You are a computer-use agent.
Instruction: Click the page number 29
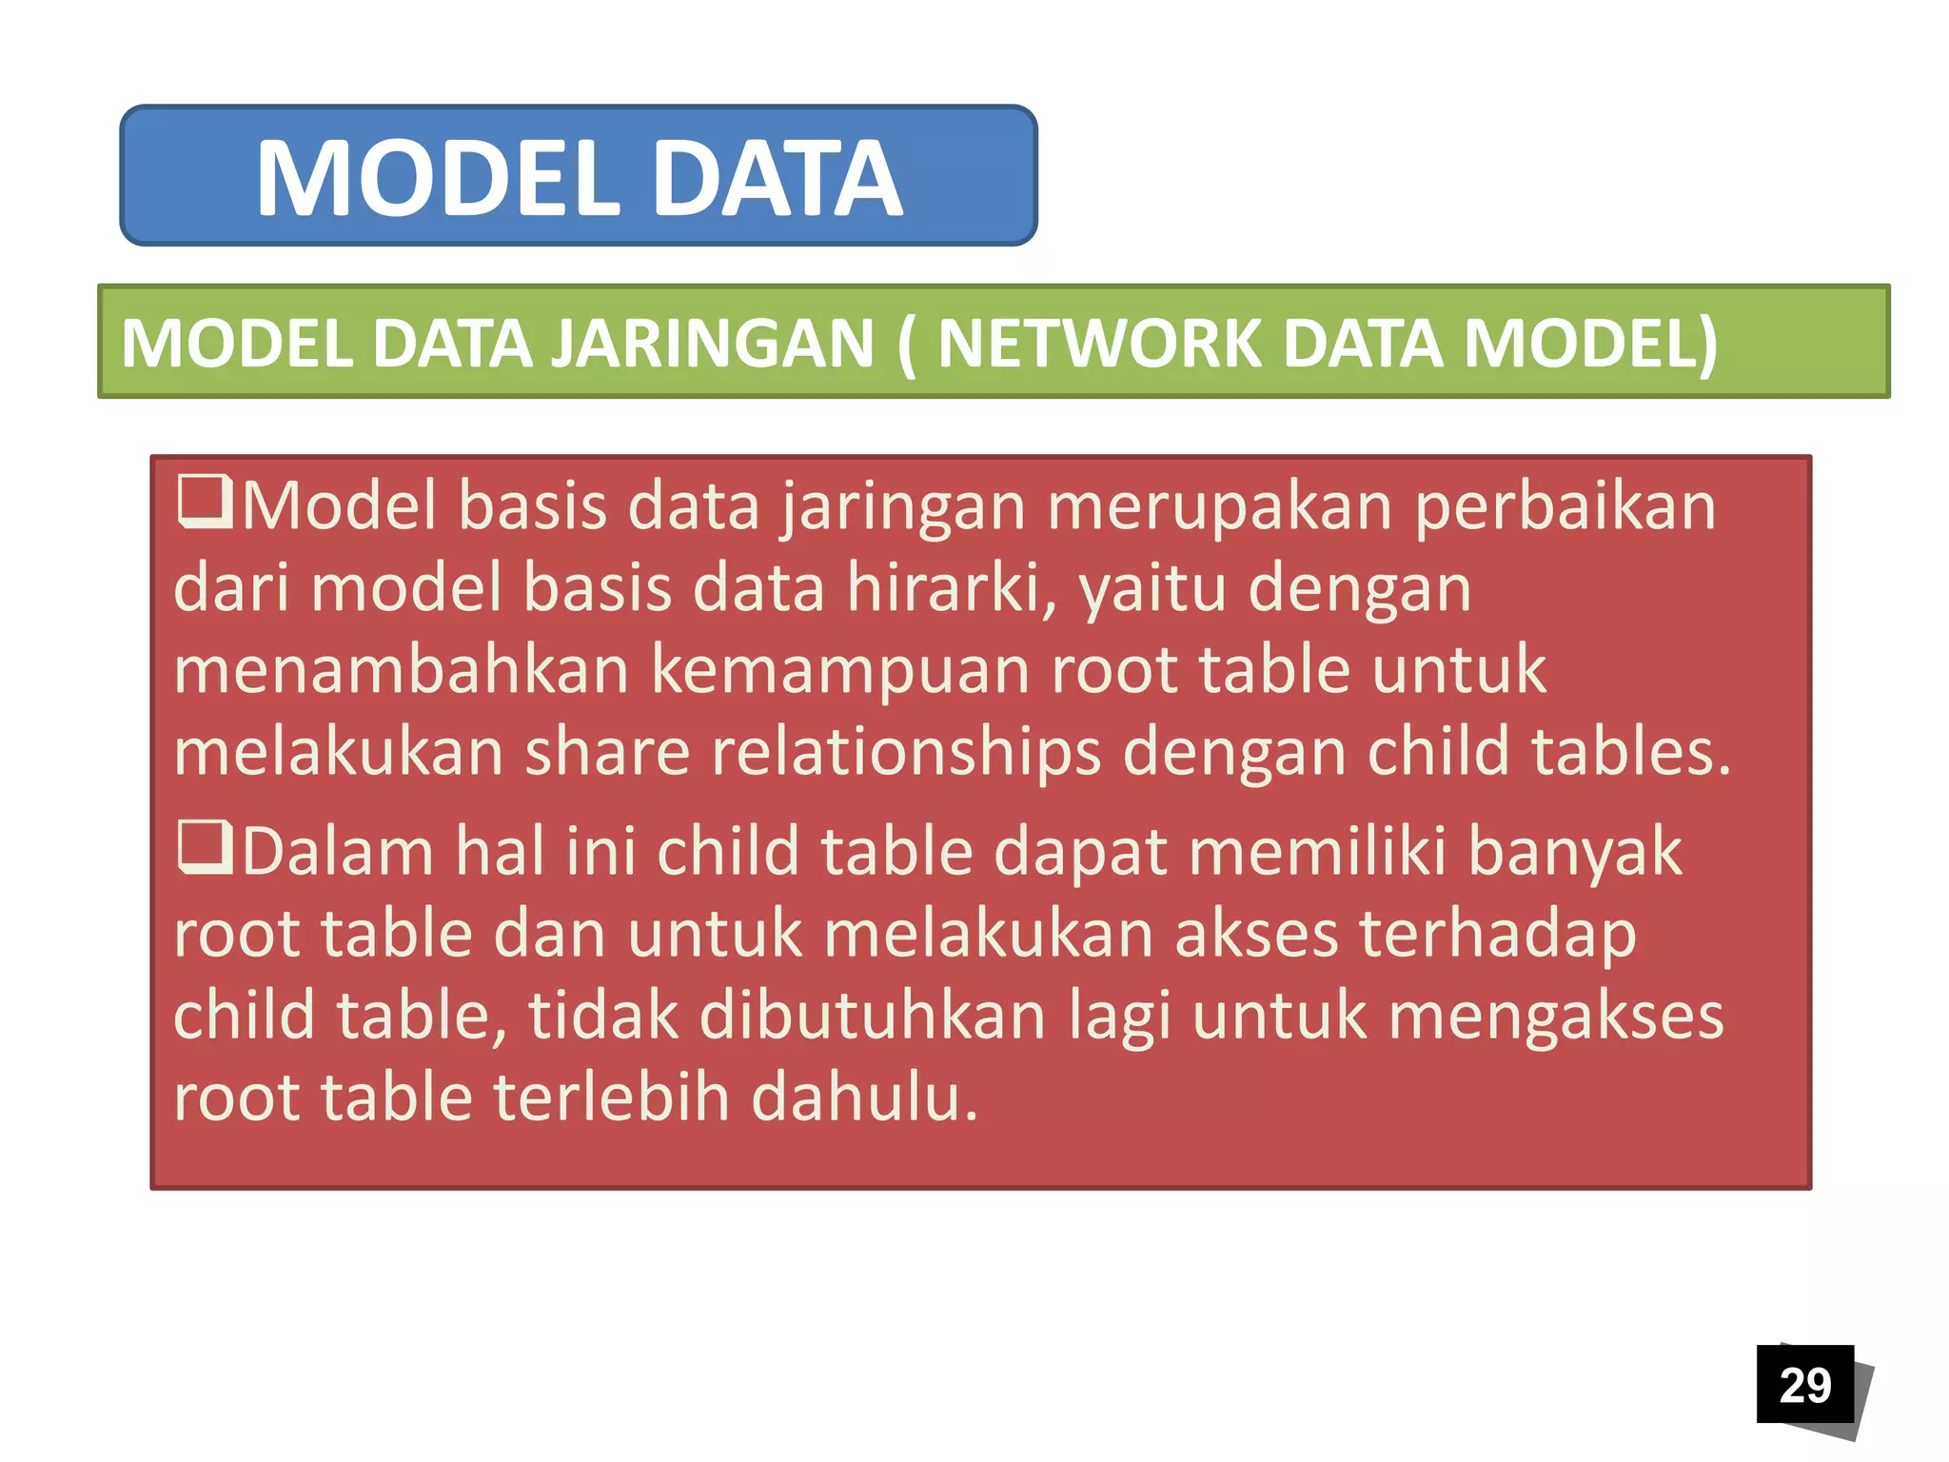click(1804, 1385)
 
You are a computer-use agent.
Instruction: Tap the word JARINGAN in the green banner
click(712, 343)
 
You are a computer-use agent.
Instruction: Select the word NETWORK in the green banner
click(1098, 343)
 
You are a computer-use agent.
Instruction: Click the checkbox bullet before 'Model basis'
click(204, 503)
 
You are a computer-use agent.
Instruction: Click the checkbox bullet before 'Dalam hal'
click(204, 848)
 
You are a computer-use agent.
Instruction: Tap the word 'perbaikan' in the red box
click(1565, 506)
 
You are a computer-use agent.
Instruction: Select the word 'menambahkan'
click(401, 669)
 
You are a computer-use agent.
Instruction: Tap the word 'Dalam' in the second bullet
click(338, 851)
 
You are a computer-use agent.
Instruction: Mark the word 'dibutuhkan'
click(872, 1016)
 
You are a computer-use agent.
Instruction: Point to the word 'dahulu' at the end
click(862, 1098)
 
